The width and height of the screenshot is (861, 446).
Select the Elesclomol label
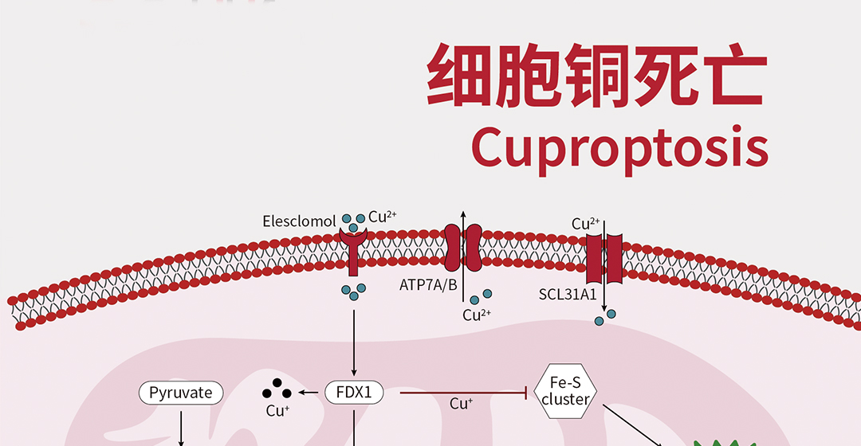[x=299, y=221]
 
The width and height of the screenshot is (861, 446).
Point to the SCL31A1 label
[x=568, y=295]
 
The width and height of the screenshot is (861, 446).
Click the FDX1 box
[x=354, y=393]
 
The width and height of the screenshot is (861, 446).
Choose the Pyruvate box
[x=181, y=393]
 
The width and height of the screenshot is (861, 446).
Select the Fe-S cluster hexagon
[x=564, y=392]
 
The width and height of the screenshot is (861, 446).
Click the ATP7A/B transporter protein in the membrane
[x=463, y=247]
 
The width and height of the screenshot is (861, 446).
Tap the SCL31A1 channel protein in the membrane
[x=603, y=260]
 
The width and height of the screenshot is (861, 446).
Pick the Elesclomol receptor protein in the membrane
[x=353, y=247]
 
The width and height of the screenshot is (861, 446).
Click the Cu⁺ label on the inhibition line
[x=461, y=404]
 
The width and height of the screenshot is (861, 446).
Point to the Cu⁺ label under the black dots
[x=277, y=412]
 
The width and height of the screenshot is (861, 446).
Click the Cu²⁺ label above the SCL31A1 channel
[x=585, y=224]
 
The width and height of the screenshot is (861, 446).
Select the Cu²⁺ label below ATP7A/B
[x=476, y=315]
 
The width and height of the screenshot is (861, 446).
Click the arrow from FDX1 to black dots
[x=309, y=393]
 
